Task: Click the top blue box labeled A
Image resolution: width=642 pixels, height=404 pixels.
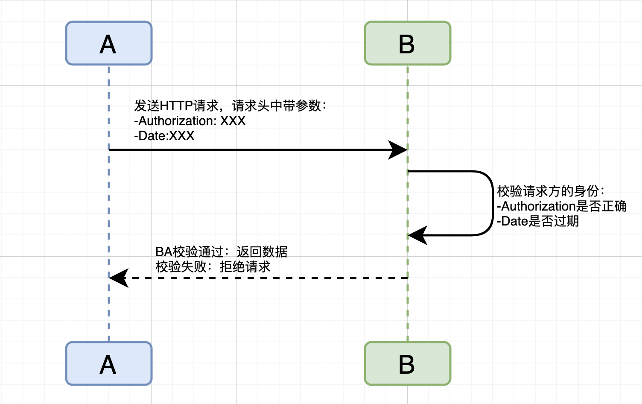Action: (109, 43)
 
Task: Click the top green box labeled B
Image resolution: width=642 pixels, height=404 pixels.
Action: (407, 43)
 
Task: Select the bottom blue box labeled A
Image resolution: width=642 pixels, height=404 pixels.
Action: (109, 363)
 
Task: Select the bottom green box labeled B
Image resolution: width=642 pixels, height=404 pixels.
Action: (407, 363)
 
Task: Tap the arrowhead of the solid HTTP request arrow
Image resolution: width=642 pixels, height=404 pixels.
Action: (399, 150)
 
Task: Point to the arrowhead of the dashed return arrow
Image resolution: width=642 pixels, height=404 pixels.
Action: (119, 278)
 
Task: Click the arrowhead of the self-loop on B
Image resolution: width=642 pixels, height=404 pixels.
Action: (417, 235)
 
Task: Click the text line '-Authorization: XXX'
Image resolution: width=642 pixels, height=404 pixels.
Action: (190, 121)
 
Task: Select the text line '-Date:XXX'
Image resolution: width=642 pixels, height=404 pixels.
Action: (164, 136)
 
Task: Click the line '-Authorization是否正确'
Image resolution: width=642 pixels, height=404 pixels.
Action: (561, 206)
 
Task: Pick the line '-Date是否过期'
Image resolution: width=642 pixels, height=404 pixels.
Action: (538, 221)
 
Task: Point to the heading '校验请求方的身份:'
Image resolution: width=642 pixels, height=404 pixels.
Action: (551, 191)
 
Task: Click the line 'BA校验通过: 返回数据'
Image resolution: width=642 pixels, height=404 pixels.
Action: (221, 252)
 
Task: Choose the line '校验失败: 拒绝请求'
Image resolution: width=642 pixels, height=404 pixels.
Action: (213, 267)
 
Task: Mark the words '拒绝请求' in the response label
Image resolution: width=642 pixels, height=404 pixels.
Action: (245, 267)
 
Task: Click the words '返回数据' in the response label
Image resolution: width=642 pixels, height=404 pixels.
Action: (262, 252)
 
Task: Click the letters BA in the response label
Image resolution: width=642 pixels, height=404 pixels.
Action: (163, 252)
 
